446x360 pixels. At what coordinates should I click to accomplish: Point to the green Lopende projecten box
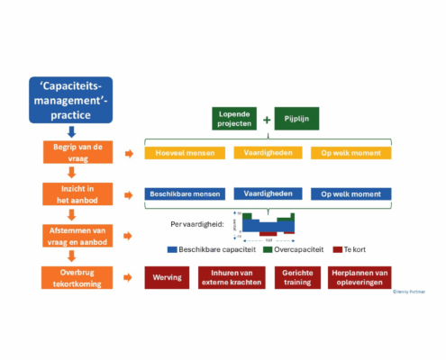(234, 119)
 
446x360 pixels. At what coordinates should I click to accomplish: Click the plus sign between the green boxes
(266, 119)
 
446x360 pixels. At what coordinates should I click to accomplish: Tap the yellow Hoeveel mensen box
(181, 153)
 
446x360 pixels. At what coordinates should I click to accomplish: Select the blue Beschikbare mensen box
(181, 193)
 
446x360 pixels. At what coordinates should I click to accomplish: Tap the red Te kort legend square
(339, 249)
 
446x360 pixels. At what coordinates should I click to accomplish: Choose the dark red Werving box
(168, 277)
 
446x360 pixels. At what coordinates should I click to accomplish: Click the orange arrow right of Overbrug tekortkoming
(132, 277)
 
